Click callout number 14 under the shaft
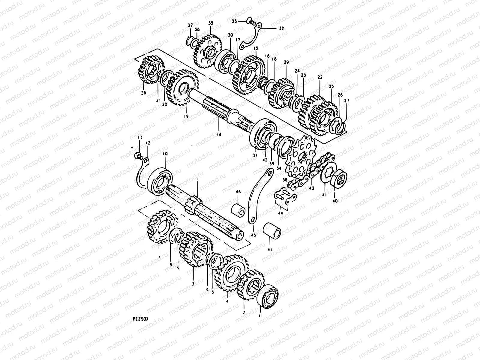[x=219, y=135]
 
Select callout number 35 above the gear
[x=211, y=23]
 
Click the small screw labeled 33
[x=250, y=21]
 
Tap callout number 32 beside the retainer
[x=281, y=29]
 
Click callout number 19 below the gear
[x=186, y=116]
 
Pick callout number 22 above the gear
[x=320, y=77]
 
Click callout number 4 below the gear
[x=227, y=301]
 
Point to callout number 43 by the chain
[x=312, y=188]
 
